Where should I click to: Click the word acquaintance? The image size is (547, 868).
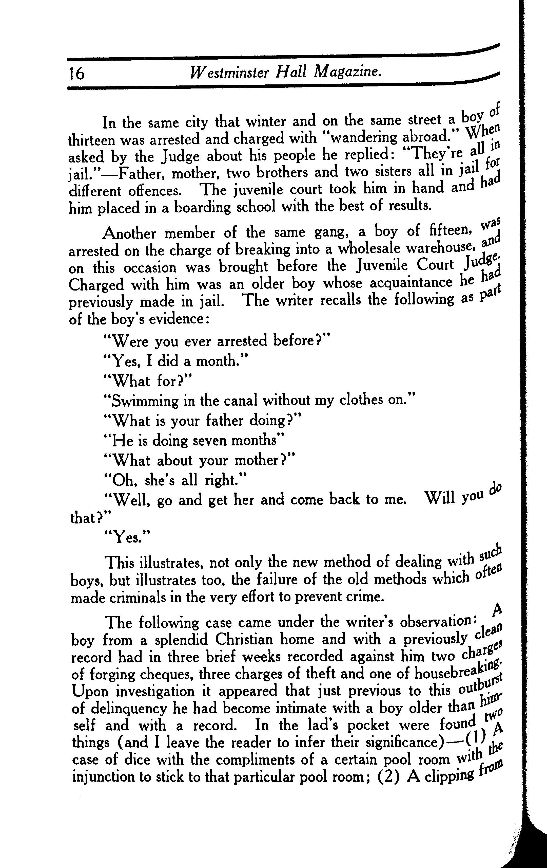tap(411, 283)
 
